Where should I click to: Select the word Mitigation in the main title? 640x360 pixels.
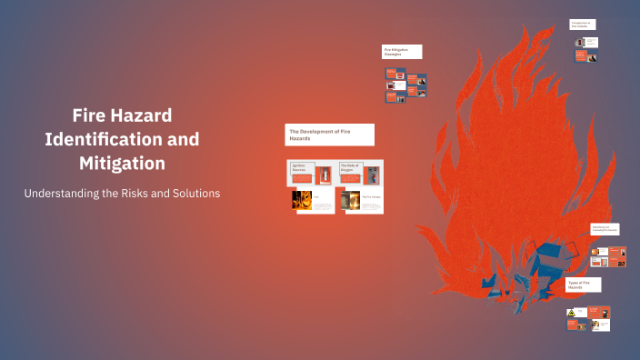click(122, 164)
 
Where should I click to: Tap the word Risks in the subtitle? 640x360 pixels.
click(135, 194)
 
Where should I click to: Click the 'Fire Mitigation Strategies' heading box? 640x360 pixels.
click(401, 51)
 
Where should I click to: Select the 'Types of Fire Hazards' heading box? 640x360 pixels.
click(583, 285)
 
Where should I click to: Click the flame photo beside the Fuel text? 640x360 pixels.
click(301, 200)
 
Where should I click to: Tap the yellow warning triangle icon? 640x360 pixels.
click(572, 313)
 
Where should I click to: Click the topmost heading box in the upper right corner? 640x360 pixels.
click(583, 25)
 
